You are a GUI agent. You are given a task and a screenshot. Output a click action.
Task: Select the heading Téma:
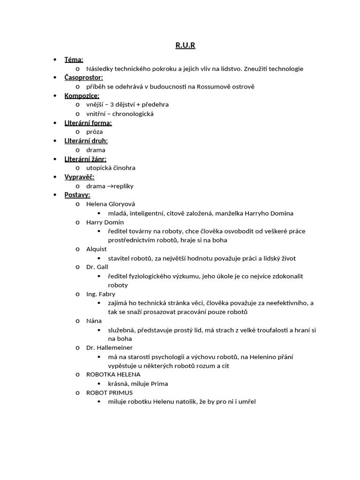74,60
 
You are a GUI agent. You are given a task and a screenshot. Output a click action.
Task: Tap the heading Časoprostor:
83,77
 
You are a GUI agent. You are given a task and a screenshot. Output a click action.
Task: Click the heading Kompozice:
82,96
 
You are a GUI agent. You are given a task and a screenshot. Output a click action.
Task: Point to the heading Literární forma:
88,123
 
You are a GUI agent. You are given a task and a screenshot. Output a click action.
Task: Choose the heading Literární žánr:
85,159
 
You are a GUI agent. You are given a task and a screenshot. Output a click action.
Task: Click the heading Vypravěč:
80,177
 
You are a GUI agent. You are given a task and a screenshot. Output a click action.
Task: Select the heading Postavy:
77,195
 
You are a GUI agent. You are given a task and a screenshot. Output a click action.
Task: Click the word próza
95,132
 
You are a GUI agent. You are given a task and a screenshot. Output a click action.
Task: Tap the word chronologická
133,114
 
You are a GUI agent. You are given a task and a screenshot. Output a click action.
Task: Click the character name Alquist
97,249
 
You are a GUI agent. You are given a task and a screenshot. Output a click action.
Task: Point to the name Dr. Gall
97,267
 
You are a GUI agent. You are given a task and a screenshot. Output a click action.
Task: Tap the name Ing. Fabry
100,294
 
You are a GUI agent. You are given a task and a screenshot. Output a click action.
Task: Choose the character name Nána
94,321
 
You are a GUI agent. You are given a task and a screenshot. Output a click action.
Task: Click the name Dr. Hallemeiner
109,348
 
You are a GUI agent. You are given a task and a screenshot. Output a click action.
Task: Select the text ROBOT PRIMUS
109,392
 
